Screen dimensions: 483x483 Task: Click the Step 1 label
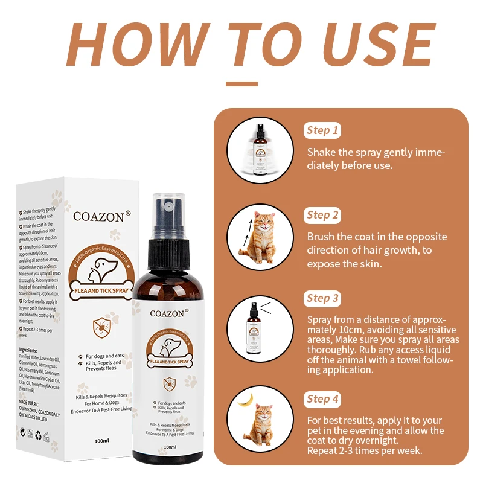coord(323,130)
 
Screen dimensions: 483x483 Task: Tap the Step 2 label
coord(323,215)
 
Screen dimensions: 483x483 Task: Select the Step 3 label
coord(323,298)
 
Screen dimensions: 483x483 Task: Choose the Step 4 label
coord(323,398)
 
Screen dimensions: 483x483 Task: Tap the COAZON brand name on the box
coord(98,216)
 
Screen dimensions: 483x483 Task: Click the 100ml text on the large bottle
coord(170,447)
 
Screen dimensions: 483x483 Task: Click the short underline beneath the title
coord(241,85)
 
